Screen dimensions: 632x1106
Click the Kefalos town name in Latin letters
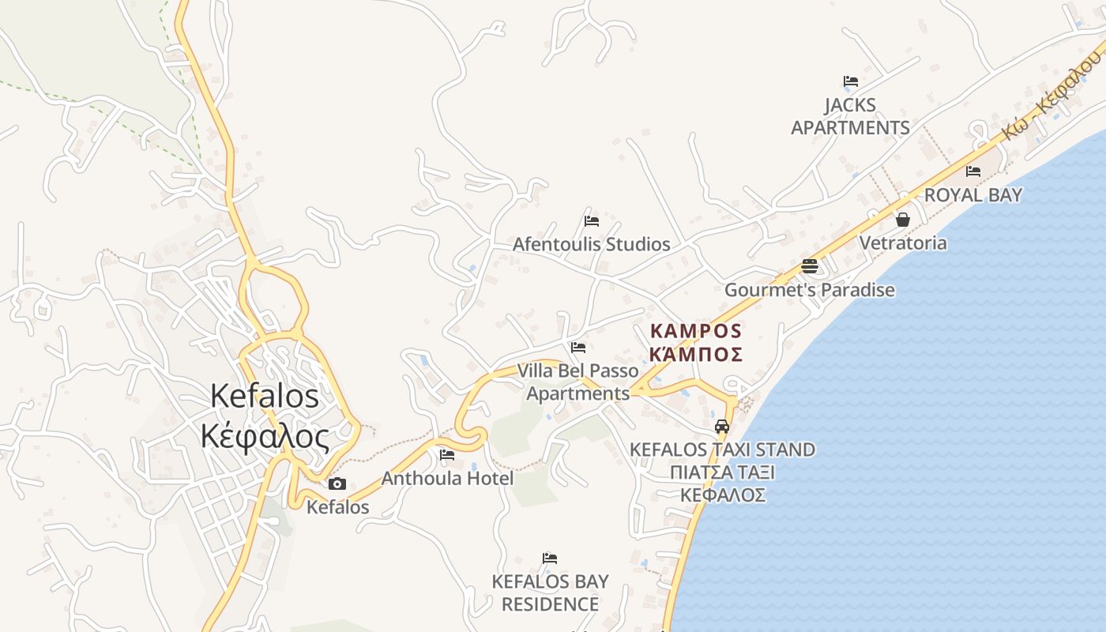(265, 396)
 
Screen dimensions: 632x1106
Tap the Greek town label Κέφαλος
(265, 436)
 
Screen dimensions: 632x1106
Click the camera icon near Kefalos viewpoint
(337, 483)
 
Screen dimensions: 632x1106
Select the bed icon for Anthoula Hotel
(447, 455)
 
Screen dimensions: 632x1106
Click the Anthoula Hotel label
(447, 478)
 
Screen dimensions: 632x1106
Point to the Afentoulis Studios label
(591, 244)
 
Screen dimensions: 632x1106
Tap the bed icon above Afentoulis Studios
(592, 221)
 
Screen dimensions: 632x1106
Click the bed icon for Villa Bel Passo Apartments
(578, 348)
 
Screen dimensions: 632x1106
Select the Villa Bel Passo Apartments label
(578, 382)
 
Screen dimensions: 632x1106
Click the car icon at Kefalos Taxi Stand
(722, 427)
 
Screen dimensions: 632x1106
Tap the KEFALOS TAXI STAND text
(722, 450)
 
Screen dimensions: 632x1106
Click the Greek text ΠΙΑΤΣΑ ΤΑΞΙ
(722, 472)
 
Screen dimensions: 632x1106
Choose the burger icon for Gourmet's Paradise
(810, 266)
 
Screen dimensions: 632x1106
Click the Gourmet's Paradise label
(810, 290)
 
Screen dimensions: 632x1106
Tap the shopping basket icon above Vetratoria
(903, 220)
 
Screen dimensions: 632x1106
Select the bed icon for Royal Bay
(973, 171)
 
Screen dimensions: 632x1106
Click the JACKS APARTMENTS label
(850, 116)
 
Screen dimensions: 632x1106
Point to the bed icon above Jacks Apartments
(851, 81)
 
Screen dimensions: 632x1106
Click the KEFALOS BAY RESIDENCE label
(550, 592)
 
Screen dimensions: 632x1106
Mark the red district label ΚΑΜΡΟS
(696, 330)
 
